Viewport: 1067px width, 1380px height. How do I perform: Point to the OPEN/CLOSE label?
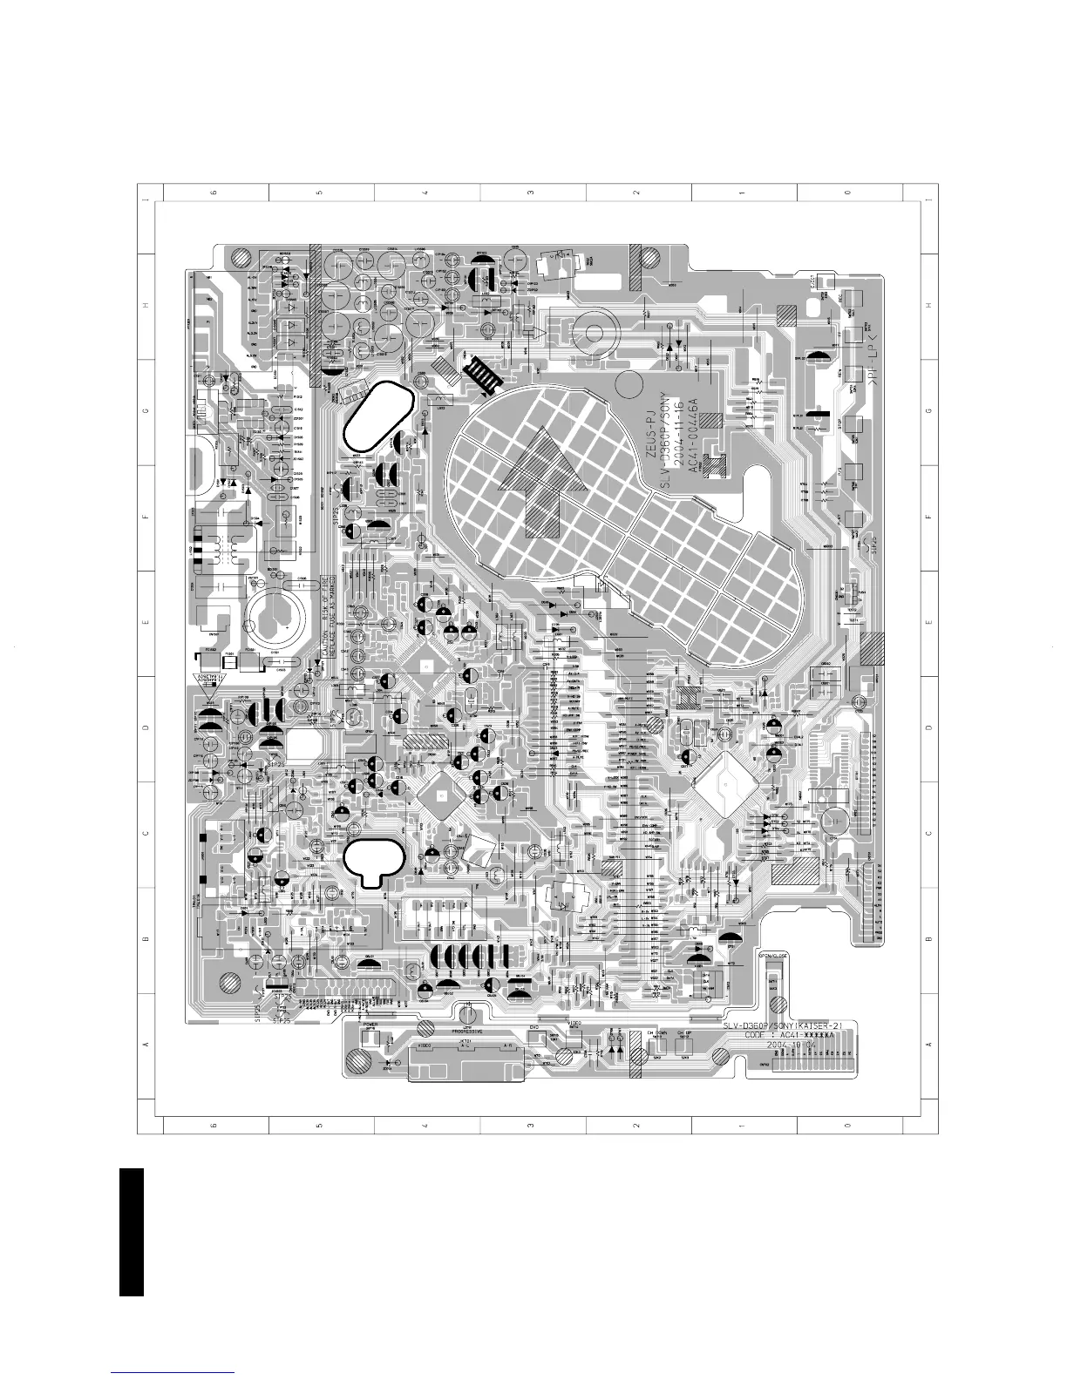[x=774, y=956]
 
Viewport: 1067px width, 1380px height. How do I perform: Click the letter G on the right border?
[x=929, y=410]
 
